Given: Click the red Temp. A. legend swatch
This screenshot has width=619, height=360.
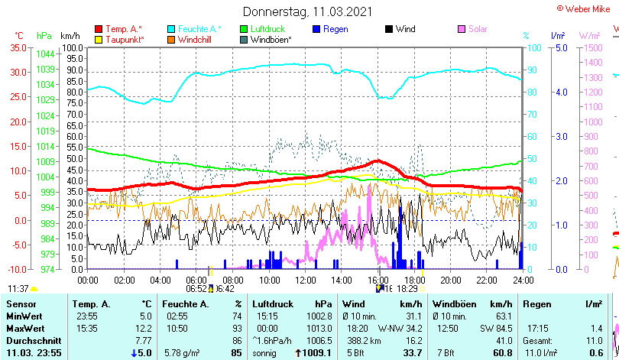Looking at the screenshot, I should [x=99, y=29].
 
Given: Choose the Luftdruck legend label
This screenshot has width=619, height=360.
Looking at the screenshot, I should [x=270, y=29].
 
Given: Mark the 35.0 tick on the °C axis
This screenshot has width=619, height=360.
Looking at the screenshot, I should [x=18, y=47].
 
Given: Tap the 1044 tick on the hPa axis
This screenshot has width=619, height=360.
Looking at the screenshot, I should [x=45, y=54].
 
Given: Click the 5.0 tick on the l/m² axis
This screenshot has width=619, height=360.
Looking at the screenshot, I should [x=559, y=47].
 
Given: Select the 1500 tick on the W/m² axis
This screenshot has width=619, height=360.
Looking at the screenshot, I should [x=590, y=47].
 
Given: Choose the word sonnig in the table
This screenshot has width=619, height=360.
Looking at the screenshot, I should [x=266, y=352].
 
